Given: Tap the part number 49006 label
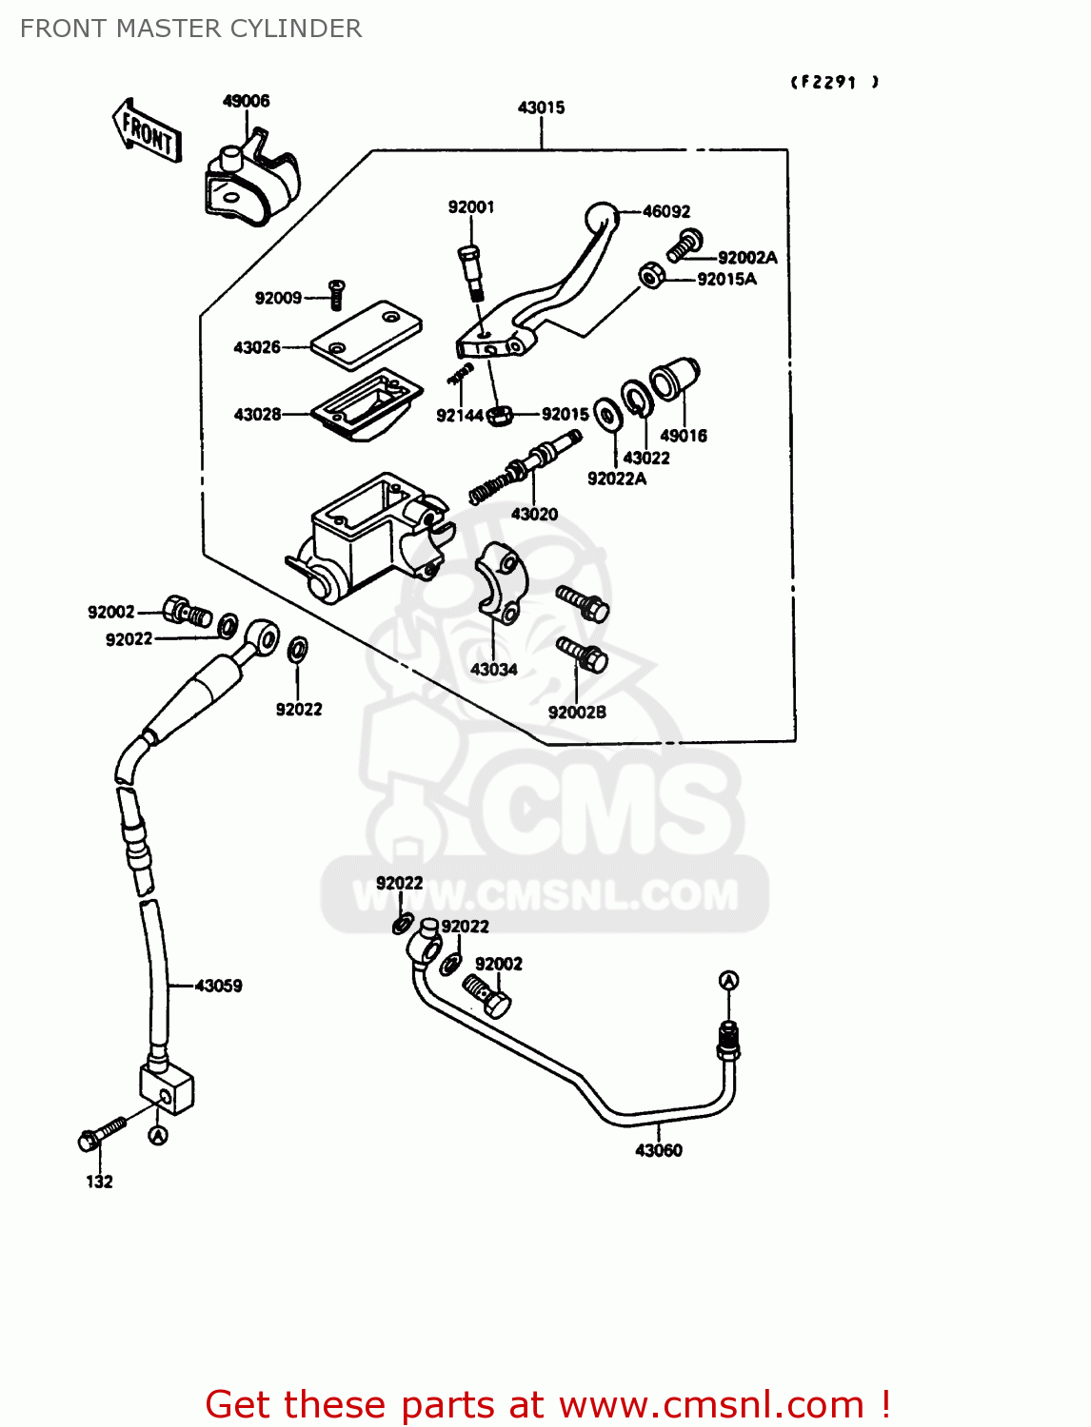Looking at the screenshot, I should click(x=246, y=101).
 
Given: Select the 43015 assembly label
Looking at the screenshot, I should click(x=541, y=108).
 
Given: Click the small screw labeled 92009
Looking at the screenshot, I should click(x=335, y=294).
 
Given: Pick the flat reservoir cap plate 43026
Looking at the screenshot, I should click(x=367, y=335).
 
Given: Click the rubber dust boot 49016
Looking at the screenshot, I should click(x=676, y=378).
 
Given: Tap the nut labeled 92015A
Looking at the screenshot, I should click(x=651, y=276).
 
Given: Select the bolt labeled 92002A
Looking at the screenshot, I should click(x=684, y=244).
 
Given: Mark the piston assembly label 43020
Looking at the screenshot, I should click(x=534, y=514).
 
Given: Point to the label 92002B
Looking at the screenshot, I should click(x=577, y=712).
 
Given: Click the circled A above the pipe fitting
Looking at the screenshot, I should click(x=728, y=981).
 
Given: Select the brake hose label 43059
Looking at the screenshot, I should click(x=218, y=986).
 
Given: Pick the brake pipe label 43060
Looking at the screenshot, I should click(x=659, y=1150).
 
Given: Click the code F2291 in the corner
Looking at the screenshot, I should click(x=834, y=82).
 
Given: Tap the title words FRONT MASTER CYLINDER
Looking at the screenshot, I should click(x=190, y=29).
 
